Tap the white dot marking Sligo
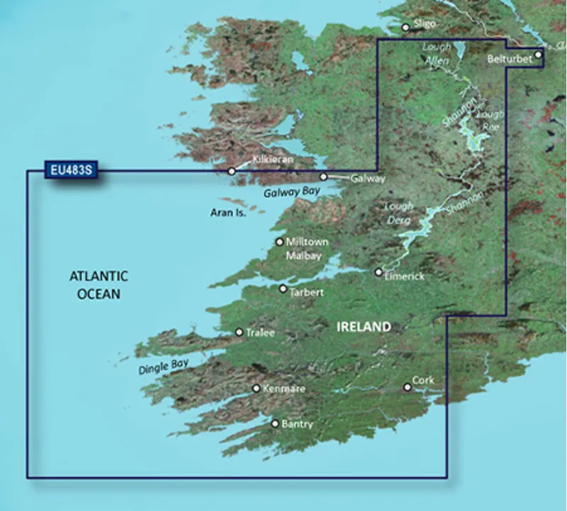pos(405,28)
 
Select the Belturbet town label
pos(510,60)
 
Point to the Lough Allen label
pos(437,54)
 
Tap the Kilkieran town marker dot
pos(231,172)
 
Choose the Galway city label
pos(368,179)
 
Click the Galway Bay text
pos(292,191)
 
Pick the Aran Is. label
pos(228,212)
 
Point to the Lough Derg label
pos(398,213)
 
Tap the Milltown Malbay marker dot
pos(280,242)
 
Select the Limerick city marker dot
pos(378,271)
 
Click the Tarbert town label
pos(306,291)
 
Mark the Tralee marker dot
pos(239,332)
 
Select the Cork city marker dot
pos(407,387)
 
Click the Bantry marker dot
pos(275,424)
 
